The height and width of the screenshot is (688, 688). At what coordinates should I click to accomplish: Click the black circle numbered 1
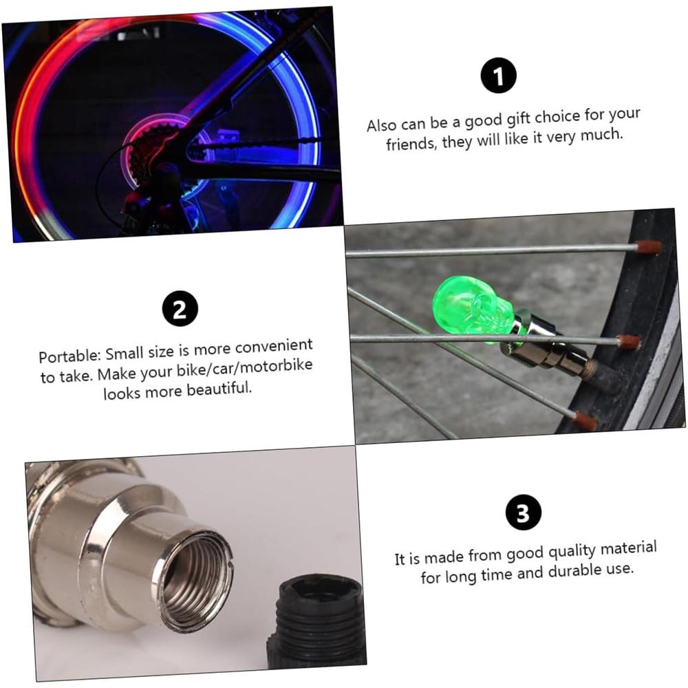(498, 76)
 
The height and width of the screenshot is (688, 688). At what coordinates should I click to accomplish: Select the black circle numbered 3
(523, 513)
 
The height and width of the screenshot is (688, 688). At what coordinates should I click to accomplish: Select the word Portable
(68, 356)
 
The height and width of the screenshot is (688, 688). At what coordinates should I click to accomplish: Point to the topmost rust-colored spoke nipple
(648, 247)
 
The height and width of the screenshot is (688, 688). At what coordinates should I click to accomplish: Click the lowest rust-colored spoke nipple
(585, 421)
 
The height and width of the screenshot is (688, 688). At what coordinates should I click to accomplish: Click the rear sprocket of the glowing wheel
(148, 155)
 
